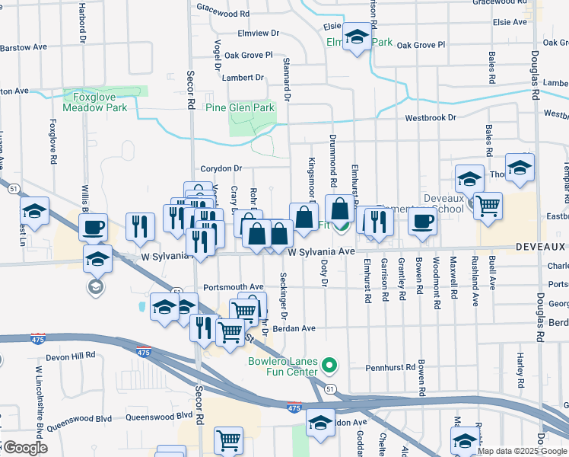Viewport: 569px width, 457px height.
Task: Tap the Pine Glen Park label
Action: pyautogui.click(x=240, y=108)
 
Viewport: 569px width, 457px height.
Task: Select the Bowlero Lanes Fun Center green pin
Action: pyautogui.click(x=329, y=366)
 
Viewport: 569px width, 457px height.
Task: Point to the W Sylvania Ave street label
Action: pyautogui.click(x=322, y=251)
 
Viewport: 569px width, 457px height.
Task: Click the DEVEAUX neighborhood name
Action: pyautogui.click(x=541, y=247)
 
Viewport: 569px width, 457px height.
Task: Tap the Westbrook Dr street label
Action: pyautogui.click(x=430, y=118)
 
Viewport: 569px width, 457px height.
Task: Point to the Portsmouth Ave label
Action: pyautogui.click(x=233, y=287)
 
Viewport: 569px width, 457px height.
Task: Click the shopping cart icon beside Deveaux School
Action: pyautogui.click(x=488, y=203)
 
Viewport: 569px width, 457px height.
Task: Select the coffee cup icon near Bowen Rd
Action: pyautogui.click(x=422, y=220)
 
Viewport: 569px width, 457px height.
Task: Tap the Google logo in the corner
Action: pyautogui.click(x=25, y=448)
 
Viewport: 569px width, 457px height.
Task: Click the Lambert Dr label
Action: pyautogui.click(x=243, y=78)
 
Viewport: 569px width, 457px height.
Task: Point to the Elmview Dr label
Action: pyautogui.click(x=259, y=34)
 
